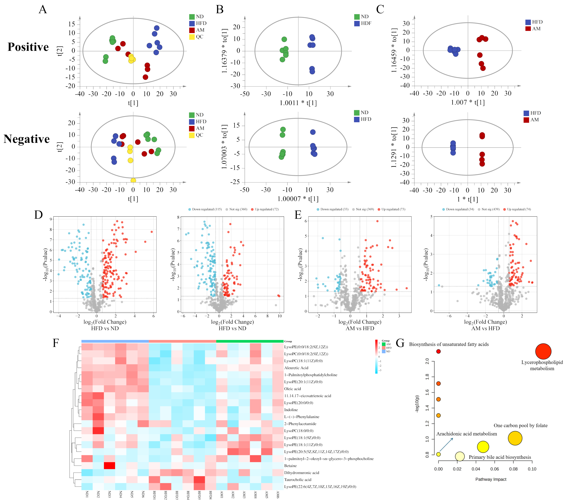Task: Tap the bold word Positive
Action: coord(28,47)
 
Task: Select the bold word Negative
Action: coord(27,139)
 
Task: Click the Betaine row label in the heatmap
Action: coord(290,466)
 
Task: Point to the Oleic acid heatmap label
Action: coord(292,389)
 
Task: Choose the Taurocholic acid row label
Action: coord(298,479)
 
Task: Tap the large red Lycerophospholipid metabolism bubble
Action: coord(543,351)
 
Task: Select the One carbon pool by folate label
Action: coord(520,426)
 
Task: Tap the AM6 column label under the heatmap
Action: coord(278,495)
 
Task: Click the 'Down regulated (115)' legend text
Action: coord(207,209)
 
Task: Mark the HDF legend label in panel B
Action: coord(366,23)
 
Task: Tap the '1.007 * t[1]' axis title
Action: coord(468,102)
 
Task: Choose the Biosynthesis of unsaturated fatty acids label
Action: coord(449,344)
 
